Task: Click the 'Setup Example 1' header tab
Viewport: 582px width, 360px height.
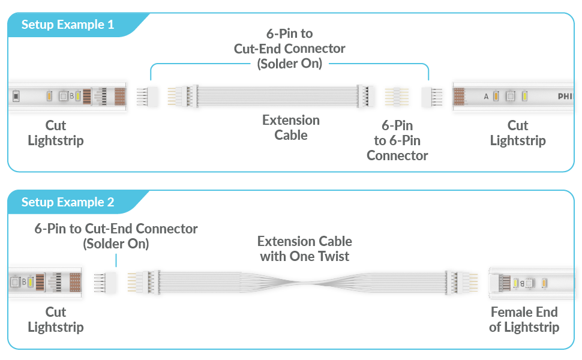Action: (x=68, y=25)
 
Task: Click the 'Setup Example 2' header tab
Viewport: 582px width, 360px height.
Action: (x=68, y=202)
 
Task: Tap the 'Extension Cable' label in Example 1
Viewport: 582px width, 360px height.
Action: (x=291, y=128)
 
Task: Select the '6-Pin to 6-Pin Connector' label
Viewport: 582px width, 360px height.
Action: (x=397, y=141)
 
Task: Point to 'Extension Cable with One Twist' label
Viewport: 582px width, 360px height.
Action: (x=305, y=248)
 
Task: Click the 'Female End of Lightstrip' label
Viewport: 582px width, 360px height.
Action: (x=524, y=320)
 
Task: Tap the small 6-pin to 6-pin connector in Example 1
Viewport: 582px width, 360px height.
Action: (x=397, y=96)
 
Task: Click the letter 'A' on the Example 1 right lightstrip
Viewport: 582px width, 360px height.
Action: (x=487, y=96)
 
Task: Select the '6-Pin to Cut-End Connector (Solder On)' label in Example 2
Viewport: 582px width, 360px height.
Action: (x=116, y=236)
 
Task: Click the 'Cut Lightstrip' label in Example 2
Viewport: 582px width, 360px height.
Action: (x=56, y=320)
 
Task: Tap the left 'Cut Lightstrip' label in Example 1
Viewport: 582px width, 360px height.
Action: (x=56, y=133)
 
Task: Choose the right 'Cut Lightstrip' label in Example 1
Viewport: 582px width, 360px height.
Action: (x=518, y=133)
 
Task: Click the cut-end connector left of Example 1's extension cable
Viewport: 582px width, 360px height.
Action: (x=145, y=96)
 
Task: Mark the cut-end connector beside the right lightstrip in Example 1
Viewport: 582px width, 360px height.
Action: (x=432, y=96)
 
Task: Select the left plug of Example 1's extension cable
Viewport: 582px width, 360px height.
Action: (x=183, y=96)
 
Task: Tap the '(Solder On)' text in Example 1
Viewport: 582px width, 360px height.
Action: (x=290, y=63)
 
